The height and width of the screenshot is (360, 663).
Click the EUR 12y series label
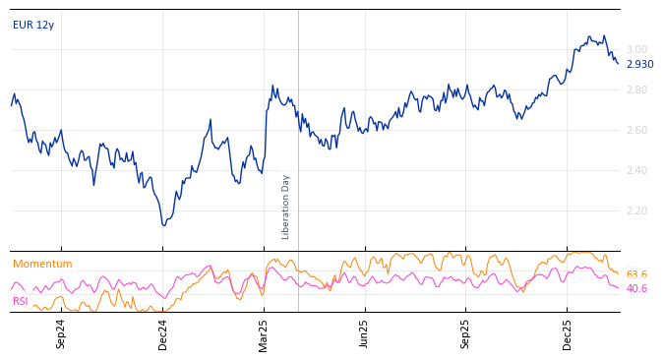tap(33, 25)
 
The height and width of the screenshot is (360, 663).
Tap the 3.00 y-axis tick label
tap(637, 49)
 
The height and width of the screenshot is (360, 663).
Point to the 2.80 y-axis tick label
tap(637, 90)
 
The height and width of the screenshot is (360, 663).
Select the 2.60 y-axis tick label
tap(637, 130)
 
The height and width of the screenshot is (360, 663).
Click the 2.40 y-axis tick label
tap(637, 170)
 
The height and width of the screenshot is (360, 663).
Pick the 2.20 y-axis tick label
tap(637, 210)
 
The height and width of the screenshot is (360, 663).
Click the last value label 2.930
tap(639, 64)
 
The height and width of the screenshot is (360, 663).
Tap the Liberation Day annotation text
tap(286, 207)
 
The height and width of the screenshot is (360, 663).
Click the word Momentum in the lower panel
tap(42, 264)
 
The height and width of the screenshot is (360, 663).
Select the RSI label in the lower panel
tap(21, 301)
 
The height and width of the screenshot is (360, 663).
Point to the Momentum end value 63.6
tap(636, 274)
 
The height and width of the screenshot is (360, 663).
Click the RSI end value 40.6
tap(636, 288)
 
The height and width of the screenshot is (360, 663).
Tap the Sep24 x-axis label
tap(61, 333)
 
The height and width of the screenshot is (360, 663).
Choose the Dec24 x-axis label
tap(163, 333)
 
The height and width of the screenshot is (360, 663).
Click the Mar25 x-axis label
tap(264, 333)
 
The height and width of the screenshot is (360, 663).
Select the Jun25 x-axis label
tap(365, 333)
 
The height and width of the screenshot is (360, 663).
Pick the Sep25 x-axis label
tap(466, 333)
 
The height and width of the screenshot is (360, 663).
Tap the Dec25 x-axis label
tap(568, 333)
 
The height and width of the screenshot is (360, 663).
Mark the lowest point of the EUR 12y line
tap(164, 225)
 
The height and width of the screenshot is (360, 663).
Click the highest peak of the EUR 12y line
tap(589, 36)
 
